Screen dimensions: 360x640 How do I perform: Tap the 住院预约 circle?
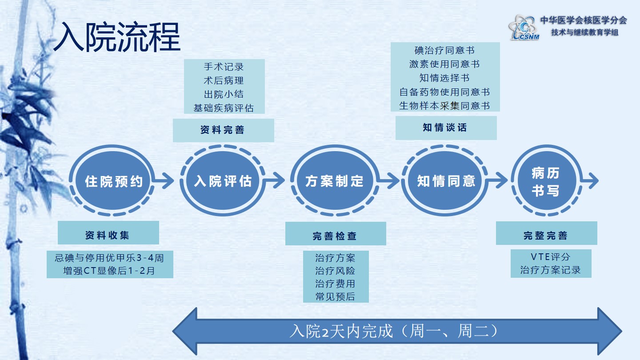[114, 181]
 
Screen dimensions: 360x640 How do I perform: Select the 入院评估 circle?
[223, 181]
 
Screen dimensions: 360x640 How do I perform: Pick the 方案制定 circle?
[334, 181]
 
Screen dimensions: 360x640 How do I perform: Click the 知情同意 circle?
[446, 181]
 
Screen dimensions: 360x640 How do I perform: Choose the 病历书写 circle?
[545, 181]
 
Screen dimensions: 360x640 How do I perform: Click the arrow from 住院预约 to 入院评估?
[165, 181]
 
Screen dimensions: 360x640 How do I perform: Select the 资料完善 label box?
[223, 130]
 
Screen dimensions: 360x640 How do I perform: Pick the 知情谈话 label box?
[446, 128]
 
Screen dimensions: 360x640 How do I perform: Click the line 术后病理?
[224, 81]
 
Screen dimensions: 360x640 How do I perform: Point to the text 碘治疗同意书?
[444, 50]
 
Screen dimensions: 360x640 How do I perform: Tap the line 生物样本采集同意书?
[444, 106]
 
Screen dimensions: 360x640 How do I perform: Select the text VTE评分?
[551, 257]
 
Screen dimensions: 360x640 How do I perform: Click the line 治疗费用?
[336, 284]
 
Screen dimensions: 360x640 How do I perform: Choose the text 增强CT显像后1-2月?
[109, 270]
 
